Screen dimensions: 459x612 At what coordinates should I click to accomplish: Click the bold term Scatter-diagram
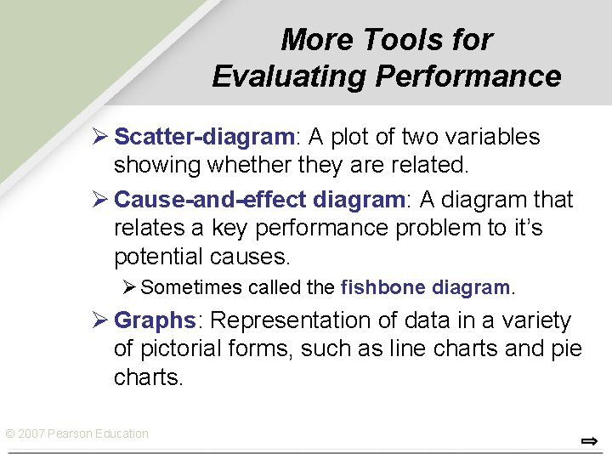click(x=204, y=137)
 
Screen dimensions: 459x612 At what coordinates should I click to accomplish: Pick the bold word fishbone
click(x=382, y=288)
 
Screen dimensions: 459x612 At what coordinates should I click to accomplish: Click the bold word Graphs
click(x=155, y=320)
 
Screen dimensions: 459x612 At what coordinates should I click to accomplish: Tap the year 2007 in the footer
click(x=31, y=433)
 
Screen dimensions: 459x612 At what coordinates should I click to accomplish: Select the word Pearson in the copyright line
click(x=71, y=433)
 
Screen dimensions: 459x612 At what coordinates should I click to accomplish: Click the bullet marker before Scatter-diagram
click(x=100, y=137)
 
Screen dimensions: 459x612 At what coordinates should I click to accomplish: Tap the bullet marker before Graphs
click(x=100, y=320)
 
